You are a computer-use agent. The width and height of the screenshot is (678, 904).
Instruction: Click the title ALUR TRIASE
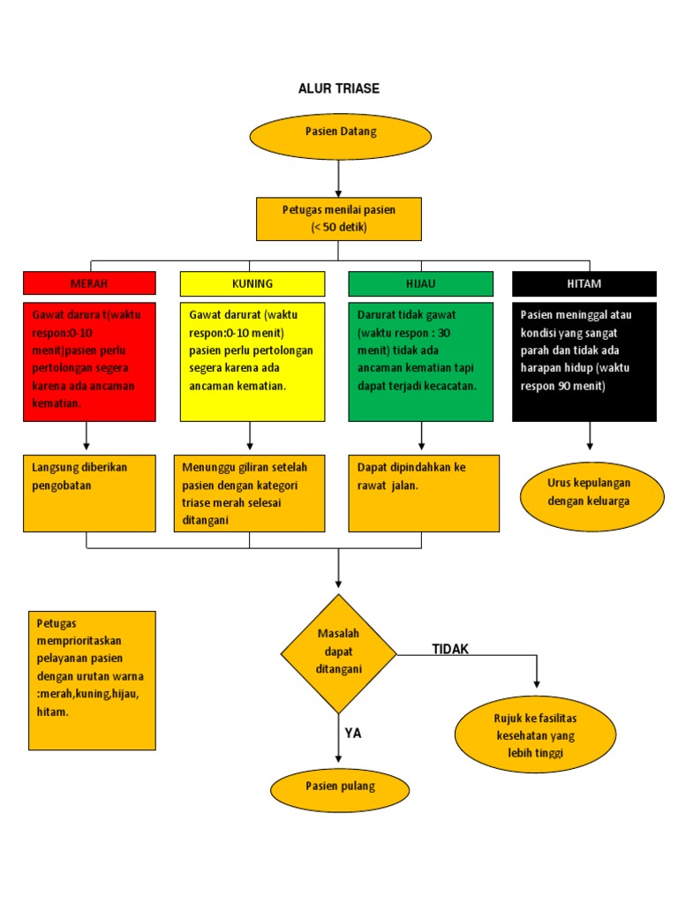339,88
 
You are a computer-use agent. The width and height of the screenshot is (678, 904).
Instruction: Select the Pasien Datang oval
340,136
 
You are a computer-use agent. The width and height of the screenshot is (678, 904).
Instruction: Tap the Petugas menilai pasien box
339,218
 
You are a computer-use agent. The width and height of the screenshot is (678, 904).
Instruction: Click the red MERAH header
89,283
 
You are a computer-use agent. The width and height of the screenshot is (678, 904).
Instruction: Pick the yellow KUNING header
252,283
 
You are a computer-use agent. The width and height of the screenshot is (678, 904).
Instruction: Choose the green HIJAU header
420,283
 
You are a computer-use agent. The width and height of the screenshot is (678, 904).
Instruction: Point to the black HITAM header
584,283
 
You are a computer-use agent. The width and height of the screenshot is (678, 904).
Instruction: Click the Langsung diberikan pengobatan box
89,493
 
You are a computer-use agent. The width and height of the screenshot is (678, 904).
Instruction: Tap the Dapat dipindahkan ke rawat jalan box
424,493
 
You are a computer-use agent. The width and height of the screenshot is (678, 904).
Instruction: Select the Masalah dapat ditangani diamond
339,652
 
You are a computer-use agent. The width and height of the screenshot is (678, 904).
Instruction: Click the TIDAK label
450,650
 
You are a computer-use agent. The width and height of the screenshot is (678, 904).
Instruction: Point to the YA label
353,733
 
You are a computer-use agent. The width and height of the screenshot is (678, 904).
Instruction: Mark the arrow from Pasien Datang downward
339,178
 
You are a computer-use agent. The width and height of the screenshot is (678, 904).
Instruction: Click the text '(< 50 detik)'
339,228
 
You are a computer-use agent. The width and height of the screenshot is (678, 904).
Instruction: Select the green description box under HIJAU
420,361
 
